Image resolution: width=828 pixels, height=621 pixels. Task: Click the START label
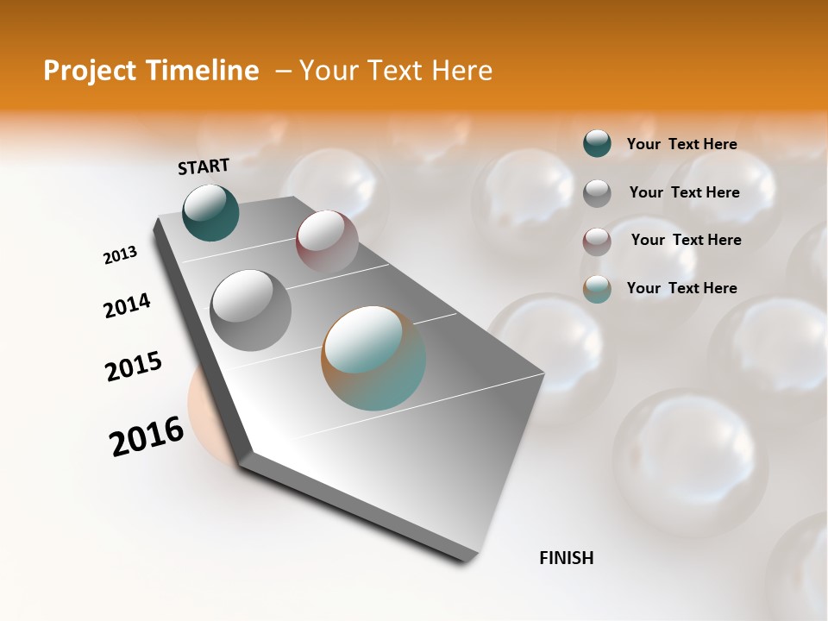pyautogui.click(x=204, y=166)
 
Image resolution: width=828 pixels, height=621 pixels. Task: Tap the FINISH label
pyautogui.click(x=567, y=558)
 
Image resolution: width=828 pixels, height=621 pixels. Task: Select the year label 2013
pyautogui.click(x=121, y=255)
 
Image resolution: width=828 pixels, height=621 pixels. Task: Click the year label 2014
pyautogui.click(x=128, y=305)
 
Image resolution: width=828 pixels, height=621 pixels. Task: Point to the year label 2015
pyautogui.click(x=134, y=367)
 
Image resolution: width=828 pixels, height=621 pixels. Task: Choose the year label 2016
pyautogui.click(x=147, y=436)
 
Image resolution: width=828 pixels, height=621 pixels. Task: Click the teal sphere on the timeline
pyautogui.click(x=210, y=213)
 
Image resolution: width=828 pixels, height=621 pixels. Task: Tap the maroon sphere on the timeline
pyautogui.click(x=327, y=241)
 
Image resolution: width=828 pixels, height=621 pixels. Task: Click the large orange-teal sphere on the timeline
pyautogui.click(x=373, y=358)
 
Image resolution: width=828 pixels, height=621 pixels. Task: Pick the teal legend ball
pyautogui.click(x=597, y=143)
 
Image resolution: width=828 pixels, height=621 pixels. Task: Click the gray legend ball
pyautogui.click(x=597, y=193)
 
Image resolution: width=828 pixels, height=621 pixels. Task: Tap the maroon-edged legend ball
pyautogui.click(x=597, y=241)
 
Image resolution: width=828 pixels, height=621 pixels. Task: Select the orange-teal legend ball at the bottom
pyautogui.click(x=597, y=289)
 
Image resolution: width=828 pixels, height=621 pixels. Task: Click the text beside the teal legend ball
pyautogui.click(x=681, y=144)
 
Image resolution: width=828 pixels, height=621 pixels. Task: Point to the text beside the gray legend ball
pyautogui.click(x=684, y=192)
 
